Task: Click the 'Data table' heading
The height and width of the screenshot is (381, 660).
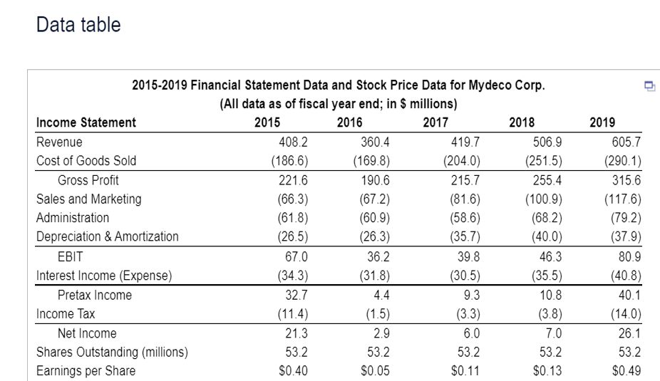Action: (78, 25)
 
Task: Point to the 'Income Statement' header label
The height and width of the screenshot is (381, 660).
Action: (86, 122)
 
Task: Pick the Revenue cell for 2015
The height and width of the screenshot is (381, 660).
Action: (294, 142)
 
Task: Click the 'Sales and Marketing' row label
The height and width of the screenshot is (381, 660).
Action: (89, 199)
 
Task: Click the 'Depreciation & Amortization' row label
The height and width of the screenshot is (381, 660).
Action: (108, 236)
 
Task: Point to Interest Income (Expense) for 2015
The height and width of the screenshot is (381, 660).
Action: (293, 275)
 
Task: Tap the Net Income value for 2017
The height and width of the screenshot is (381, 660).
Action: (465, 333)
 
